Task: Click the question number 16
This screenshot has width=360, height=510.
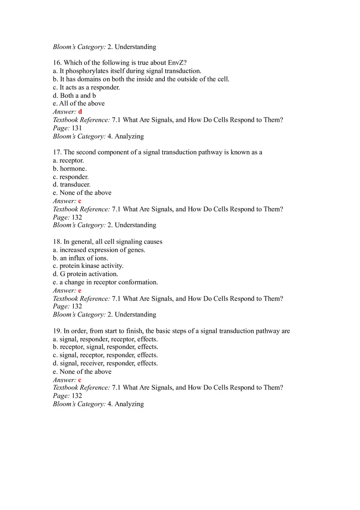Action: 57,63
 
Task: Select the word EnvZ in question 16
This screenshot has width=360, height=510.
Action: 177,63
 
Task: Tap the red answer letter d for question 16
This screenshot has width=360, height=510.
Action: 80,112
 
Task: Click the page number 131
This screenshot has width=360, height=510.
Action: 76,128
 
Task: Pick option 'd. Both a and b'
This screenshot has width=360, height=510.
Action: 74,95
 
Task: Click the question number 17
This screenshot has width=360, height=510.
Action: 57,152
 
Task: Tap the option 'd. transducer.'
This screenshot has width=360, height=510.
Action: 72,184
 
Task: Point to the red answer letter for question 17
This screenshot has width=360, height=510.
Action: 80,201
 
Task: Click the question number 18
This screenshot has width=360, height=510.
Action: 57,242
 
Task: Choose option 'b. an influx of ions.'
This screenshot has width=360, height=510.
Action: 81,258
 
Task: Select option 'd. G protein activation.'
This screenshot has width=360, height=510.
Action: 85,274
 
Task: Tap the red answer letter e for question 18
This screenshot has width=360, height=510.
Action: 80,290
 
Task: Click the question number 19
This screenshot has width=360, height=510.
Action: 57,331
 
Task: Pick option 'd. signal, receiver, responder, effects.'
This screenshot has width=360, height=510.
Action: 105,363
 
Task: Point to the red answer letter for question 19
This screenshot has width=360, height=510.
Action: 80,380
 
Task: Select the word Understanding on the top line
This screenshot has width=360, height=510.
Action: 135,47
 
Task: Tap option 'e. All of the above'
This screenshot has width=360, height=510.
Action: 79,103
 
